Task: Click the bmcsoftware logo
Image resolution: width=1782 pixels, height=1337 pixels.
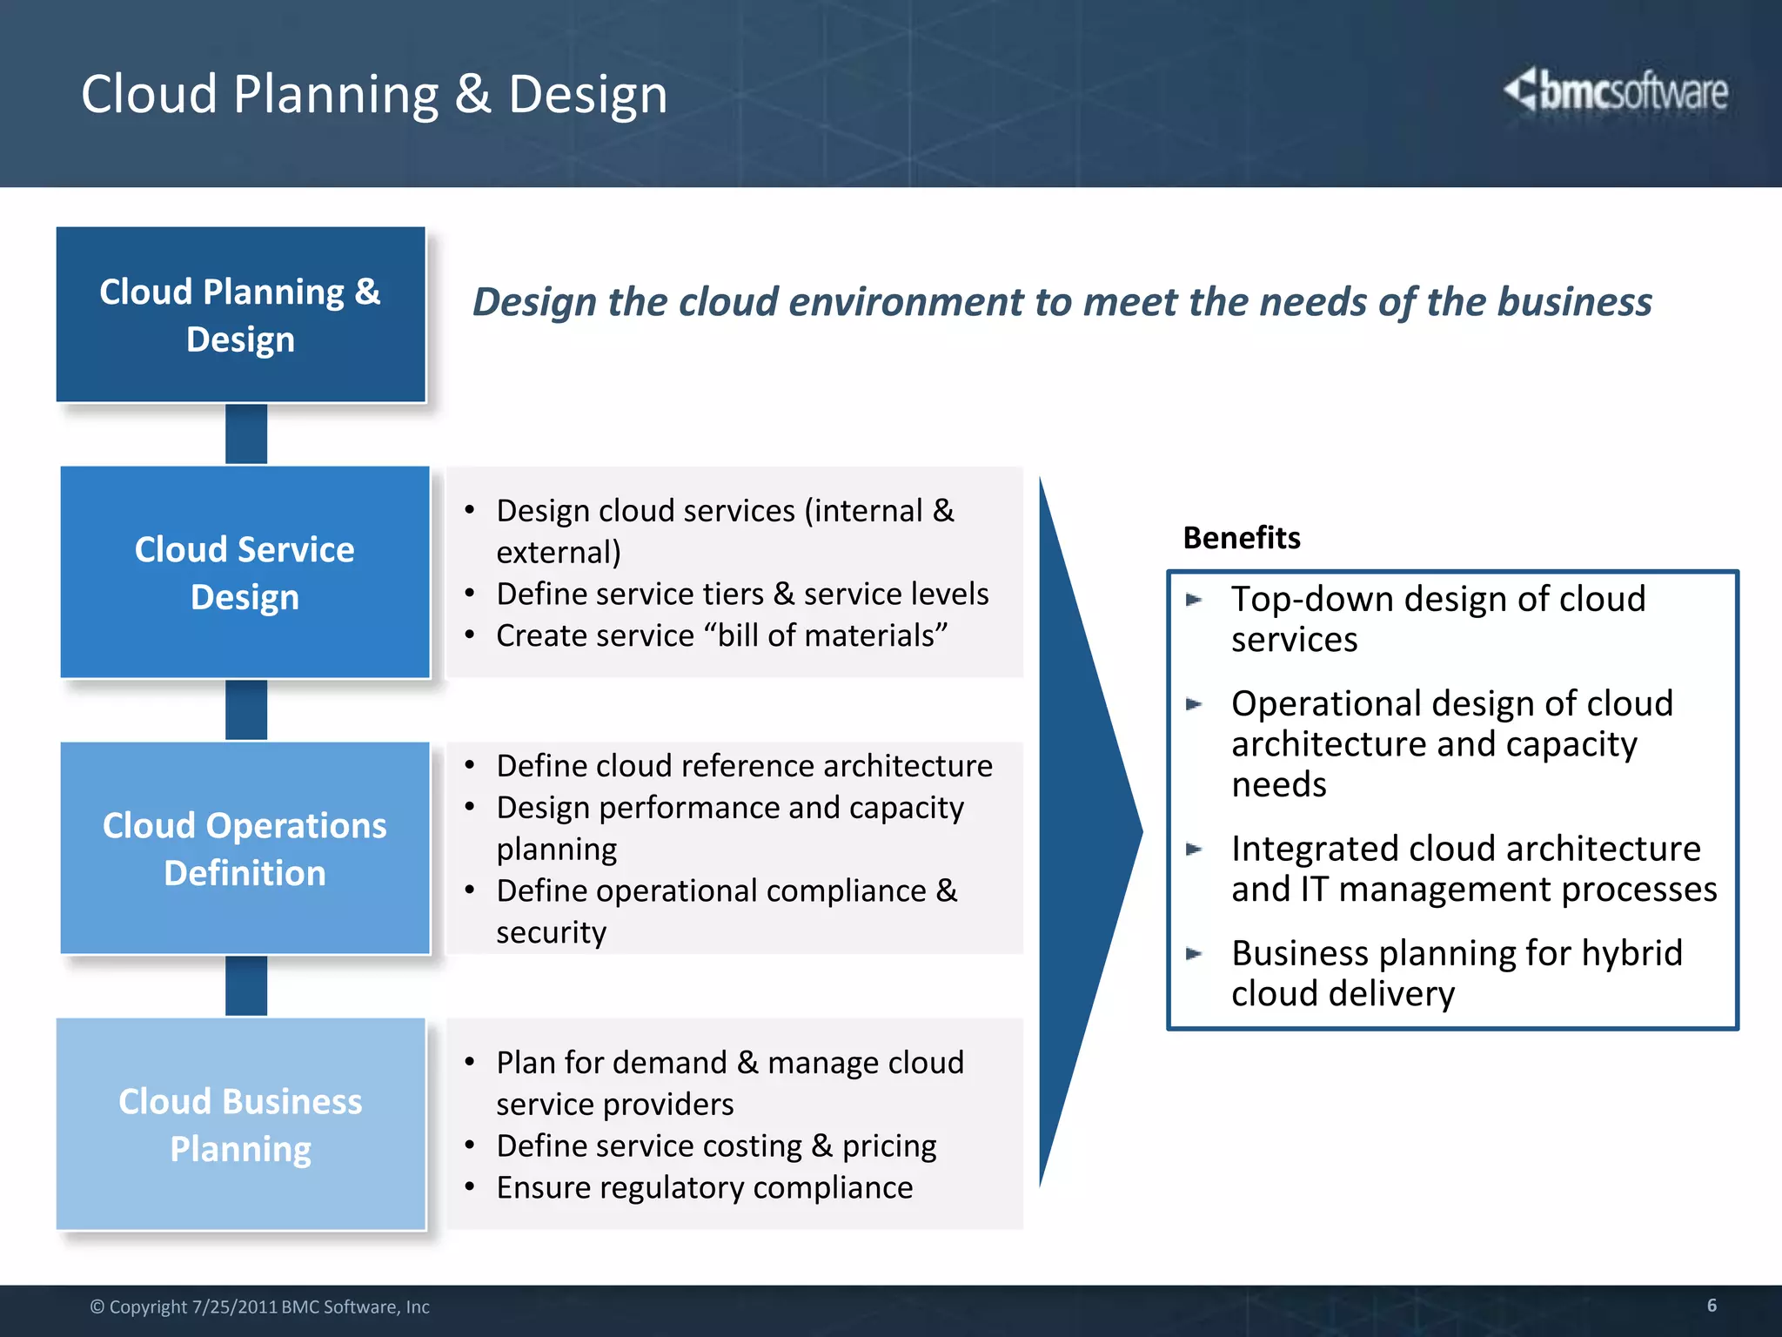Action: (1616, 91)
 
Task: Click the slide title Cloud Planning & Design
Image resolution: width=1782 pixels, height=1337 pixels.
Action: (374, 94)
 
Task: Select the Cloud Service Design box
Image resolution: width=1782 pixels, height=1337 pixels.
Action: (245, 573)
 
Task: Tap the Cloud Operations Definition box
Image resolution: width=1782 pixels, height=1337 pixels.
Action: (245, 849)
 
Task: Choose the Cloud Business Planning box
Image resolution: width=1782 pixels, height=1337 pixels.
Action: (240, 1125)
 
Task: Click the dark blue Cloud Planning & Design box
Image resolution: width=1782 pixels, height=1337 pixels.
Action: (240, 315)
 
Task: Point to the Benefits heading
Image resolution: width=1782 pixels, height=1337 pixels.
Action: (1241, 538)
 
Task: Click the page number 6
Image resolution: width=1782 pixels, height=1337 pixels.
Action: (1712, 1305)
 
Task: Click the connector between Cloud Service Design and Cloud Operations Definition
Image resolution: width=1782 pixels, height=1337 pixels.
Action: (246, 710)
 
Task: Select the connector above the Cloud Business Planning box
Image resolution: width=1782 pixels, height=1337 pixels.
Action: (246, 986)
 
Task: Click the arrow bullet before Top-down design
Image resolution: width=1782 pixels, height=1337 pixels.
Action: (1194, 600)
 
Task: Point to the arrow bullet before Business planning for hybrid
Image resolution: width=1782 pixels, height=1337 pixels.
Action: (1194, 954)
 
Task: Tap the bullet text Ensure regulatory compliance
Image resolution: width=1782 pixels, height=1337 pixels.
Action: (704, 1188)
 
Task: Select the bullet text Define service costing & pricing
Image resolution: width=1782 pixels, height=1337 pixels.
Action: (715, 1146)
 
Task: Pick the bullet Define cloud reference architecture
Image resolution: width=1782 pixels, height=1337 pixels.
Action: (744, 766)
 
